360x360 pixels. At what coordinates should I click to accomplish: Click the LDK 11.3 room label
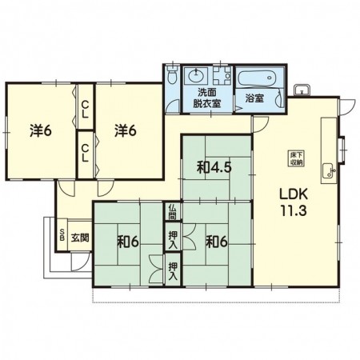(x=294, y=202)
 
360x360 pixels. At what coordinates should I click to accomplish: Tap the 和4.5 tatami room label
(x=214, y=168)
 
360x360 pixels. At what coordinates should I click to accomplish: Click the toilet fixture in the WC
(x=171, y=74)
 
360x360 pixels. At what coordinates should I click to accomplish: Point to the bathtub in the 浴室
(x=257, y=78)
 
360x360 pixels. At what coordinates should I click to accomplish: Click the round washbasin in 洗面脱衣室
(x=196, y=75)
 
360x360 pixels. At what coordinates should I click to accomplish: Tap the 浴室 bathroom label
(x=254, y=98)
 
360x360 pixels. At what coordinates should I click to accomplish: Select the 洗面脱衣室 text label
(x=207, y=98)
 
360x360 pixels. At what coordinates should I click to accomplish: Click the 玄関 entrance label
(x=80, y=238)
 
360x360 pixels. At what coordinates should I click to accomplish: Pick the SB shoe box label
(x=62, y=234)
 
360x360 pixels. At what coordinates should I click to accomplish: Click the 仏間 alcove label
(x=172, y=212)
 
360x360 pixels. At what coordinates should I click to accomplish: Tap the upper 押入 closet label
(x=173, y=237)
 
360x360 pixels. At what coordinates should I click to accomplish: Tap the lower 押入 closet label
(x=173, y=270)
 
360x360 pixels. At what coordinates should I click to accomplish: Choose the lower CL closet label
(x=85, y=153)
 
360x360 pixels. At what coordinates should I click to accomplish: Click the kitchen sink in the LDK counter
(x=328, y=170)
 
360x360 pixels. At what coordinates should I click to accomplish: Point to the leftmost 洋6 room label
(x=40, y=131)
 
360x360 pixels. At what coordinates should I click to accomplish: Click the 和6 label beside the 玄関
(x=128, y=242)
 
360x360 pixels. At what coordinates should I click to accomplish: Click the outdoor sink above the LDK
(x=302, y=90)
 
